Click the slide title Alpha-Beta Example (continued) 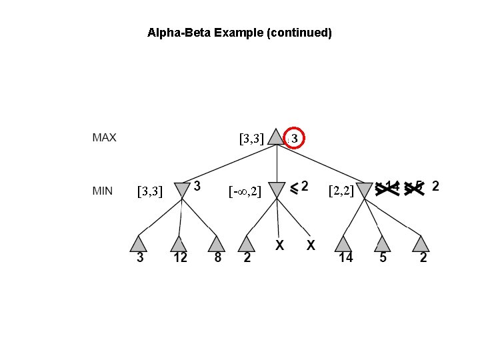coord(239,32)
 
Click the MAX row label coord(104,138)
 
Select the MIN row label coord(102,191)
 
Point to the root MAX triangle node coord(276,138)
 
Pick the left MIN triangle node coord(181,189)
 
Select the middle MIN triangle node coord(276,190)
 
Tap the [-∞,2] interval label coord(244,192)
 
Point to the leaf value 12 coord(180,258)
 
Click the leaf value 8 coord(217,258)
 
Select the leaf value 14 coord(345,258)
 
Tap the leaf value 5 coord(383,258)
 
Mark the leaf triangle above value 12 coord(178,244)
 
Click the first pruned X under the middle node coord(280,245)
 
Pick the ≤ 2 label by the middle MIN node coord(299,187)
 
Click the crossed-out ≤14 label coord(387,187)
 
